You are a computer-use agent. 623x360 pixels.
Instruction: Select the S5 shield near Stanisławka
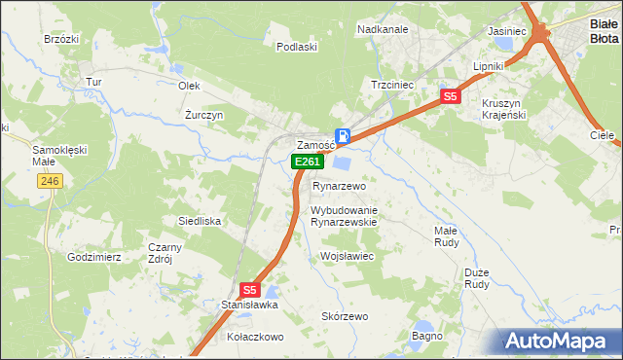point(249,289)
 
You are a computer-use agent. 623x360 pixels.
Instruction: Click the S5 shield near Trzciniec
point(449,96)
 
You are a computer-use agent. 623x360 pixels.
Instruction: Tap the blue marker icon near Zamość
point(343,137)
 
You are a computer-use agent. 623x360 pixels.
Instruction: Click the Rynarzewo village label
point(339,186)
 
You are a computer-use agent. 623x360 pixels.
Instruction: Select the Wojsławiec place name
point(348,256)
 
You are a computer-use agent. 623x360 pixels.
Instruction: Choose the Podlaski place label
point(297,47)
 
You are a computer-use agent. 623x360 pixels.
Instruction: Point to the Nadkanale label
point(383,29)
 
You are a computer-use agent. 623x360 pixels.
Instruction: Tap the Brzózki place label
point(60,39)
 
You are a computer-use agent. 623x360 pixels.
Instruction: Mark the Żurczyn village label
point(204,115)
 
